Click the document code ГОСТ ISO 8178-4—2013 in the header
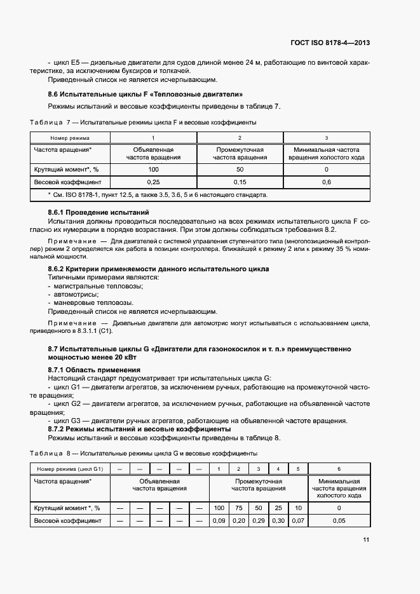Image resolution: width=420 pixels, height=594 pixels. (330, 43)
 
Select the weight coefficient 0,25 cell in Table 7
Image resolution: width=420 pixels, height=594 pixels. (153, 182)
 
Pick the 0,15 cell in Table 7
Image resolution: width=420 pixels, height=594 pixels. (240, 182)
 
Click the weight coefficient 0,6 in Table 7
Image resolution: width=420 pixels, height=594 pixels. (326, 182)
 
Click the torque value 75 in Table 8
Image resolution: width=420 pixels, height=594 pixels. (238, 508)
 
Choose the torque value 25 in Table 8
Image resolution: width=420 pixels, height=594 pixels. (278, 508)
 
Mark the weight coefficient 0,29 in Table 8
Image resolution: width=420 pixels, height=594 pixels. (258, 520)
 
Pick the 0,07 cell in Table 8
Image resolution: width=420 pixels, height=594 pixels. (297, 520)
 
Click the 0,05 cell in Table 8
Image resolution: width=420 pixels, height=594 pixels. (339, 520)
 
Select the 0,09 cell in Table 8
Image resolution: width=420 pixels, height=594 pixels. (219, 520)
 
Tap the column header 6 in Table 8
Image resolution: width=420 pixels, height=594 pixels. (339, 469)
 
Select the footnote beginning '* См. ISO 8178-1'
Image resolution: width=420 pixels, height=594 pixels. (158, 195)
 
